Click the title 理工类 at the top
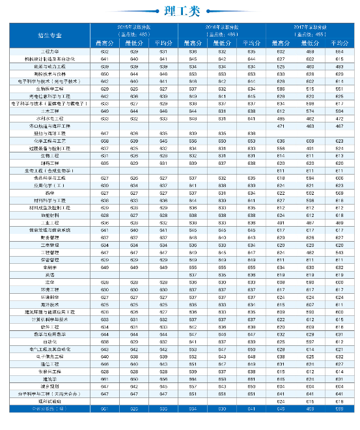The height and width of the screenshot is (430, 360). [x=180, y=10]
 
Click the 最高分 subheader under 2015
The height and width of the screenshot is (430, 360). [x=105, y=43]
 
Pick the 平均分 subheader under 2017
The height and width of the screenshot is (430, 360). [x=339, y=43]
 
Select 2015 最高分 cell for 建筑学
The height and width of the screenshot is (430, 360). [x=105, y=379]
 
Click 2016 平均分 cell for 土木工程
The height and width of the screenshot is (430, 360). [x=251, y=111]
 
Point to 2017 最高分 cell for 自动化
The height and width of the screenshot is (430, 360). [x=281, y=342]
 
